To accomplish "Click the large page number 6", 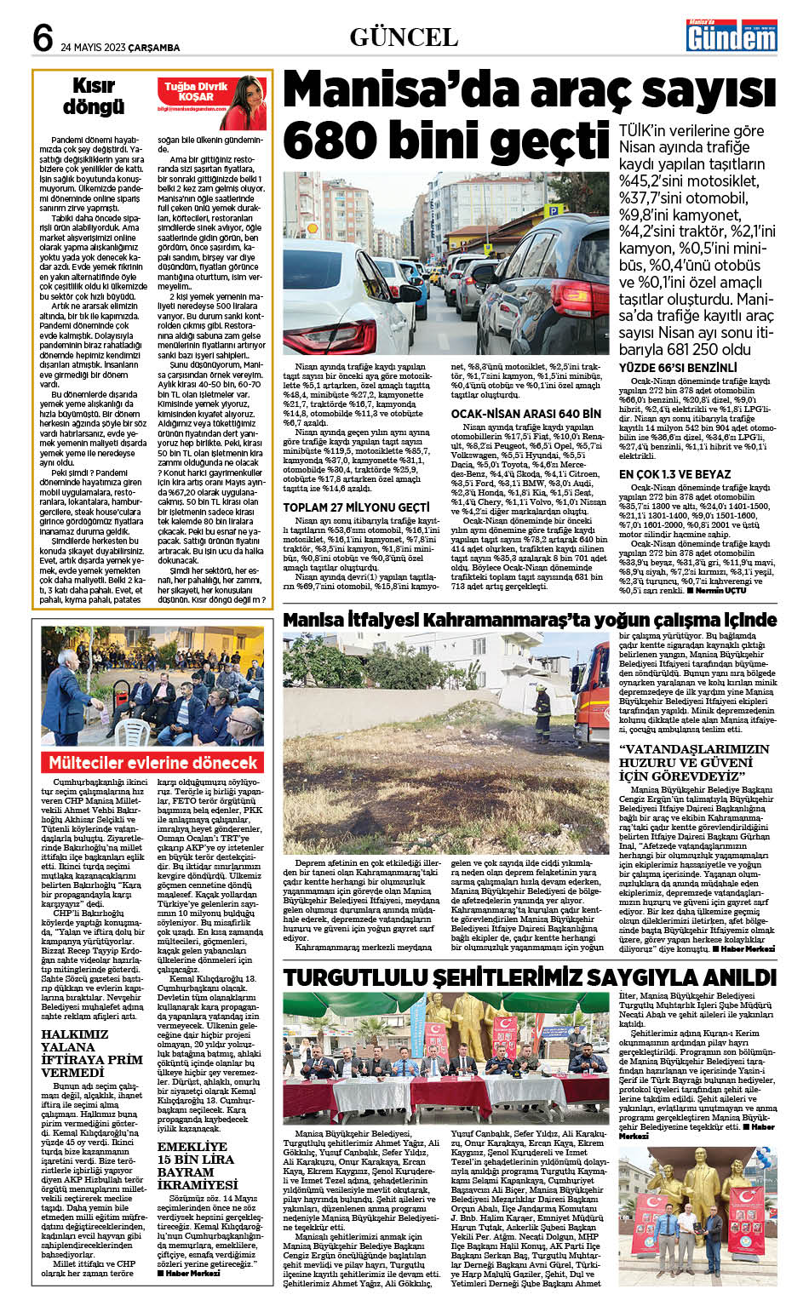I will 43,39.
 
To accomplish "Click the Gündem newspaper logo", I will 732,37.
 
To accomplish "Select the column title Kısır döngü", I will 93,96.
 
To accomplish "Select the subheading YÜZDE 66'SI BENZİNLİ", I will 677,369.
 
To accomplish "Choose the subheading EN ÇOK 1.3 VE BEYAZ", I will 674,474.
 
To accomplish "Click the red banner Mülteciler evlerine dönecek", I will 152,762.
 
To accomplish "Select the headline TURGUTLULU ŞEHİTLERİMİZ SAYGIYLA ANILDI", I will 530,977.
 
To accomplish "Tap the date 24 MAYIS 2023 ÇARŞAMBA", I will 120,48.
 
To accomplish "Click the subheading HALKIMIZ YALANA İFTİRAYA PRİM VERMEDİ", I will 91,1053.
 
